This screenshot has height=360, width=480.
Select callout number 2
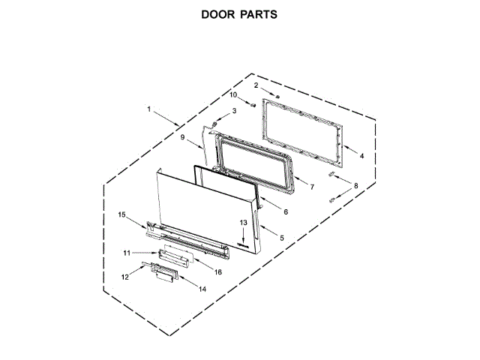pos(256,85)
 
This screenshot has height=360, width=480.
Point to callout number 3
pos(233,111)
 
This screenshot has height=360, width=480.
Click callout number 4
pos(361,156)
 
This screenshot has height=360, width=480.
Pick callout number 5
pos(281,238)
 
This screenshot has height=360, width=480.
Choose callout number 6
pos(285,212)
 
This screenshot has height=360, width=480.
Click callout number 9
pos(181,137)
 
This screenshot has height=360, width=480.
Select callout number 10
pos(233,95)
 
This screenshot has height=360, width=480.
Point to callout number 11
pos(127,253)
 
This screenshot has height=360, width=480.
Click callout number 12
pos(125,277)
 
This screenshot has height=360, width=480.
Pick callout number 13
pos(243,223)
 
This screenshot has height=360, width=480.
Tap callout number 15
pos(121,215)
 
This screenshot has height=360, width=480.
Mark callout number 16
pos(218,271)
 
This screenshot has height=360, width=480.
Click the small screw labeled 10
pos(253,106)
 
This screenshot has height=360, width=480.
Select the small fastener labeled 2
pos(277,95)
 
